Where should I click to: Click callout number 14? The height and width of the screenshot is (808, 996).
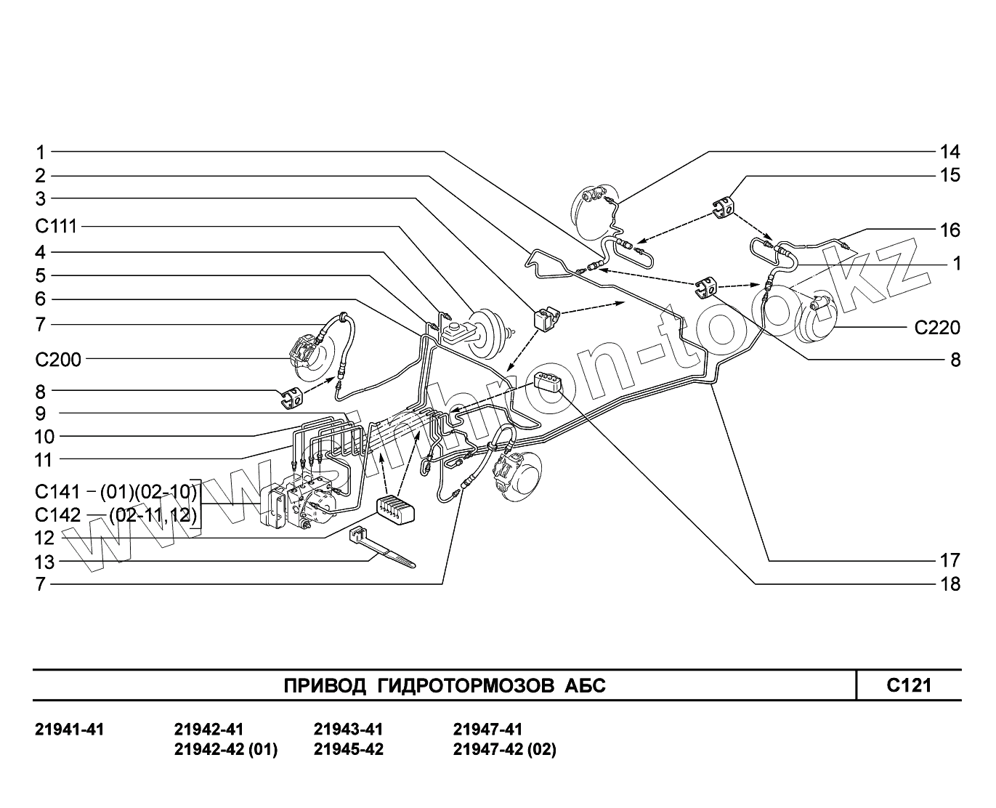point(950,152)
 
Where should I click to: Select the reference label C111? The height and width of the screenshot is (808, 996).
point(56,226)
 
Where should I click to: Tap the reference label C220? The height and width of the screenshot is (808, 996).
point(936,328)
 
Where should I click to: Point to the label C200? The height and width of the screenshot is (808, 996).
point(58,358)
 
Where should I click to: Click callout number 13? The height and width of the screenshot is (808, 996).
point(44,561)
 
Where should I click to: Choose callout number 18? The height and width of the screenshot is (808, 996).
point(950,583)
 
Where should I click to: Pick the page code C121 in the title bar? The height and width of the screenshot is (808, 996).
point(908,684)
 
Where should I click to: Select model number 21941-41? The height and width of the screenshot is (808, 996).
point(70,729)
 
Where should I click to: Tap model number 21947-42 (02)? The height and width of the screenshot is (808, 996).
point(504,749)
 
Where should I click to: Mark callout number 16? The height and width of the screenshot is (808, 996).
point(950,230)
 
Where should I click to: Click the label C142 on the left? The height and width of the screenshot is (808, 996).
point(57,514)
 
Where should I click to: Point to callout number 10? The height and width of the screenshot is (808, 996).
point(44,436)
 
